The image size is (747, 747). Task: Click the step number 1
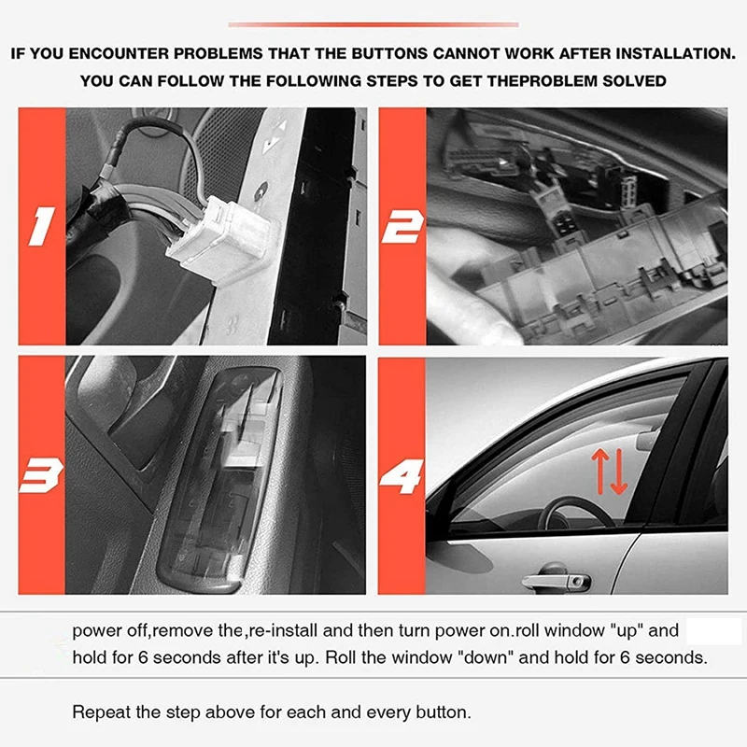point(41,227)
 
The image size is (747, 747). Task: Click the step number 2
point(402,227)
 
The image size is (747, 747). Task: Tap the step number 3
point(41,475)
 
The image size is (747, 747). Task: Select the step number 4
point(402,476)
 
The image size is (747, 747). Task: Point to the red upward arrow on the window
point(599,472)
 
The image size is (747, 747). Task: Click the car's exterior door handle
point(556,580)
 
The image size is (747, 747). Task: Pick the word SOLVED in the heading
point(634,81)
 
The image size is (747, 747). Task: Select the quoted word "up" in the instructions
point(627,631)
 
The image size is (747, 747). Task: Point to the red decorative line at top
point(373,24)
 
